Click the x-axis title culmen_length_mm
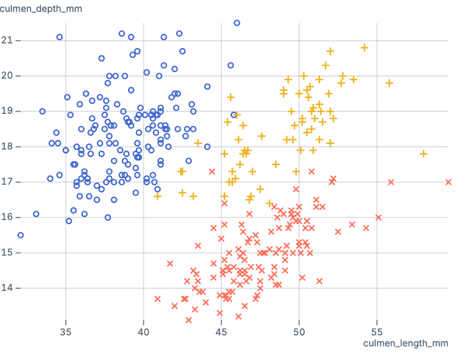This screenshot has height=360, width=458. pyautogui.click(x=405, y=344)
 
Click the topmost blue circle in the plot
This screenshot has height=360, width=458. pyautogui.click(x=237, y=23)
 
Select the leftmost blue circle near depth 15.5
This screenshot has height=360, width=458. pyautogui.click(x=21, y=235)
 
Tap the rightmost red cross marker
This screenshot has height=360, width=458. pyautogui.click(x=449, y=182)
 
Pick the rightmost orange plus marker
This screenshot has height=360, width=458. pyautogui.click(x=424, y=154)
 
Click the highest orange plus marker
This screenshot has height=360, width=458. pyautogui.click(x=364, y=48)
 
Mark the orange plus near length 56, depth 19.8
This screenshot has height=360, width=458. pyautogui.click(x=389, y=83)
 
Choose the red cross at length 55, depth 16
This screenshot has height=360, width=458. pyautogui.click(x=379, y=218)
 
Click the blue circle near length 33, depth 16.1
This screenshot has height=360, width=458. pyautogui.click(x=36, y=214)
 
